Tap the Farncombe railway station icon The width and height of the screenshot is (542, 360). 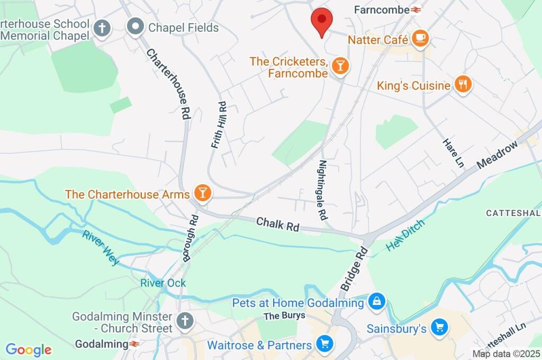(x=415, y=10)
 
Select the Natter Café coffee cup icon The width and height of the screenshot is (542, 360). (x=420, y=39)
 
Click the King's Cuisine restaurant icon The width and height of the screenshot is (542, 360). (x=463, y=84)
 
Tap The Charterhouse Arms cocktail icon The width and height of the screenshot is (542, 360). (x=202, y=193)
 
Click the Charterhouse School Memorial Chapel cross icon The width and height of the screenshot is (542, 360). (x=102, y=29)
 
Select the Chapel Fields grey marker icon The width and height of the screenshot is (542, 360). (x=136, y=27)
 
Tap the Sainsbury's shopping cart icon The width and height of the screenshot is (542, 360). (x=439, y=328)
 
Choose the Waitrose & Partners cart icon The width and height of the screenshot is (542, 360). (x=324, y=344)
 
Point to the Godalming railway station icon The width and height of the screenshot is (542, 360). (x=133, y=344)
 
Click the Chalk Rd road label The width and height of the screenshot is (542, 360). (x=278, y=224)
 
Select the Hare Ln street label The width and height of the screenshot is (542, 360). (x=453, y=154)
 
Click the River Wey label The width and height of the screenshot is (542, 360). (x=101, y=247)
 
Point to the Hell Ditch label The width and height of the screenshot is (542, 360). (x=405, y=235)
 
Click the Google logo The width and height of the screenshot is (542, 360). (x=28, y=350)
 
